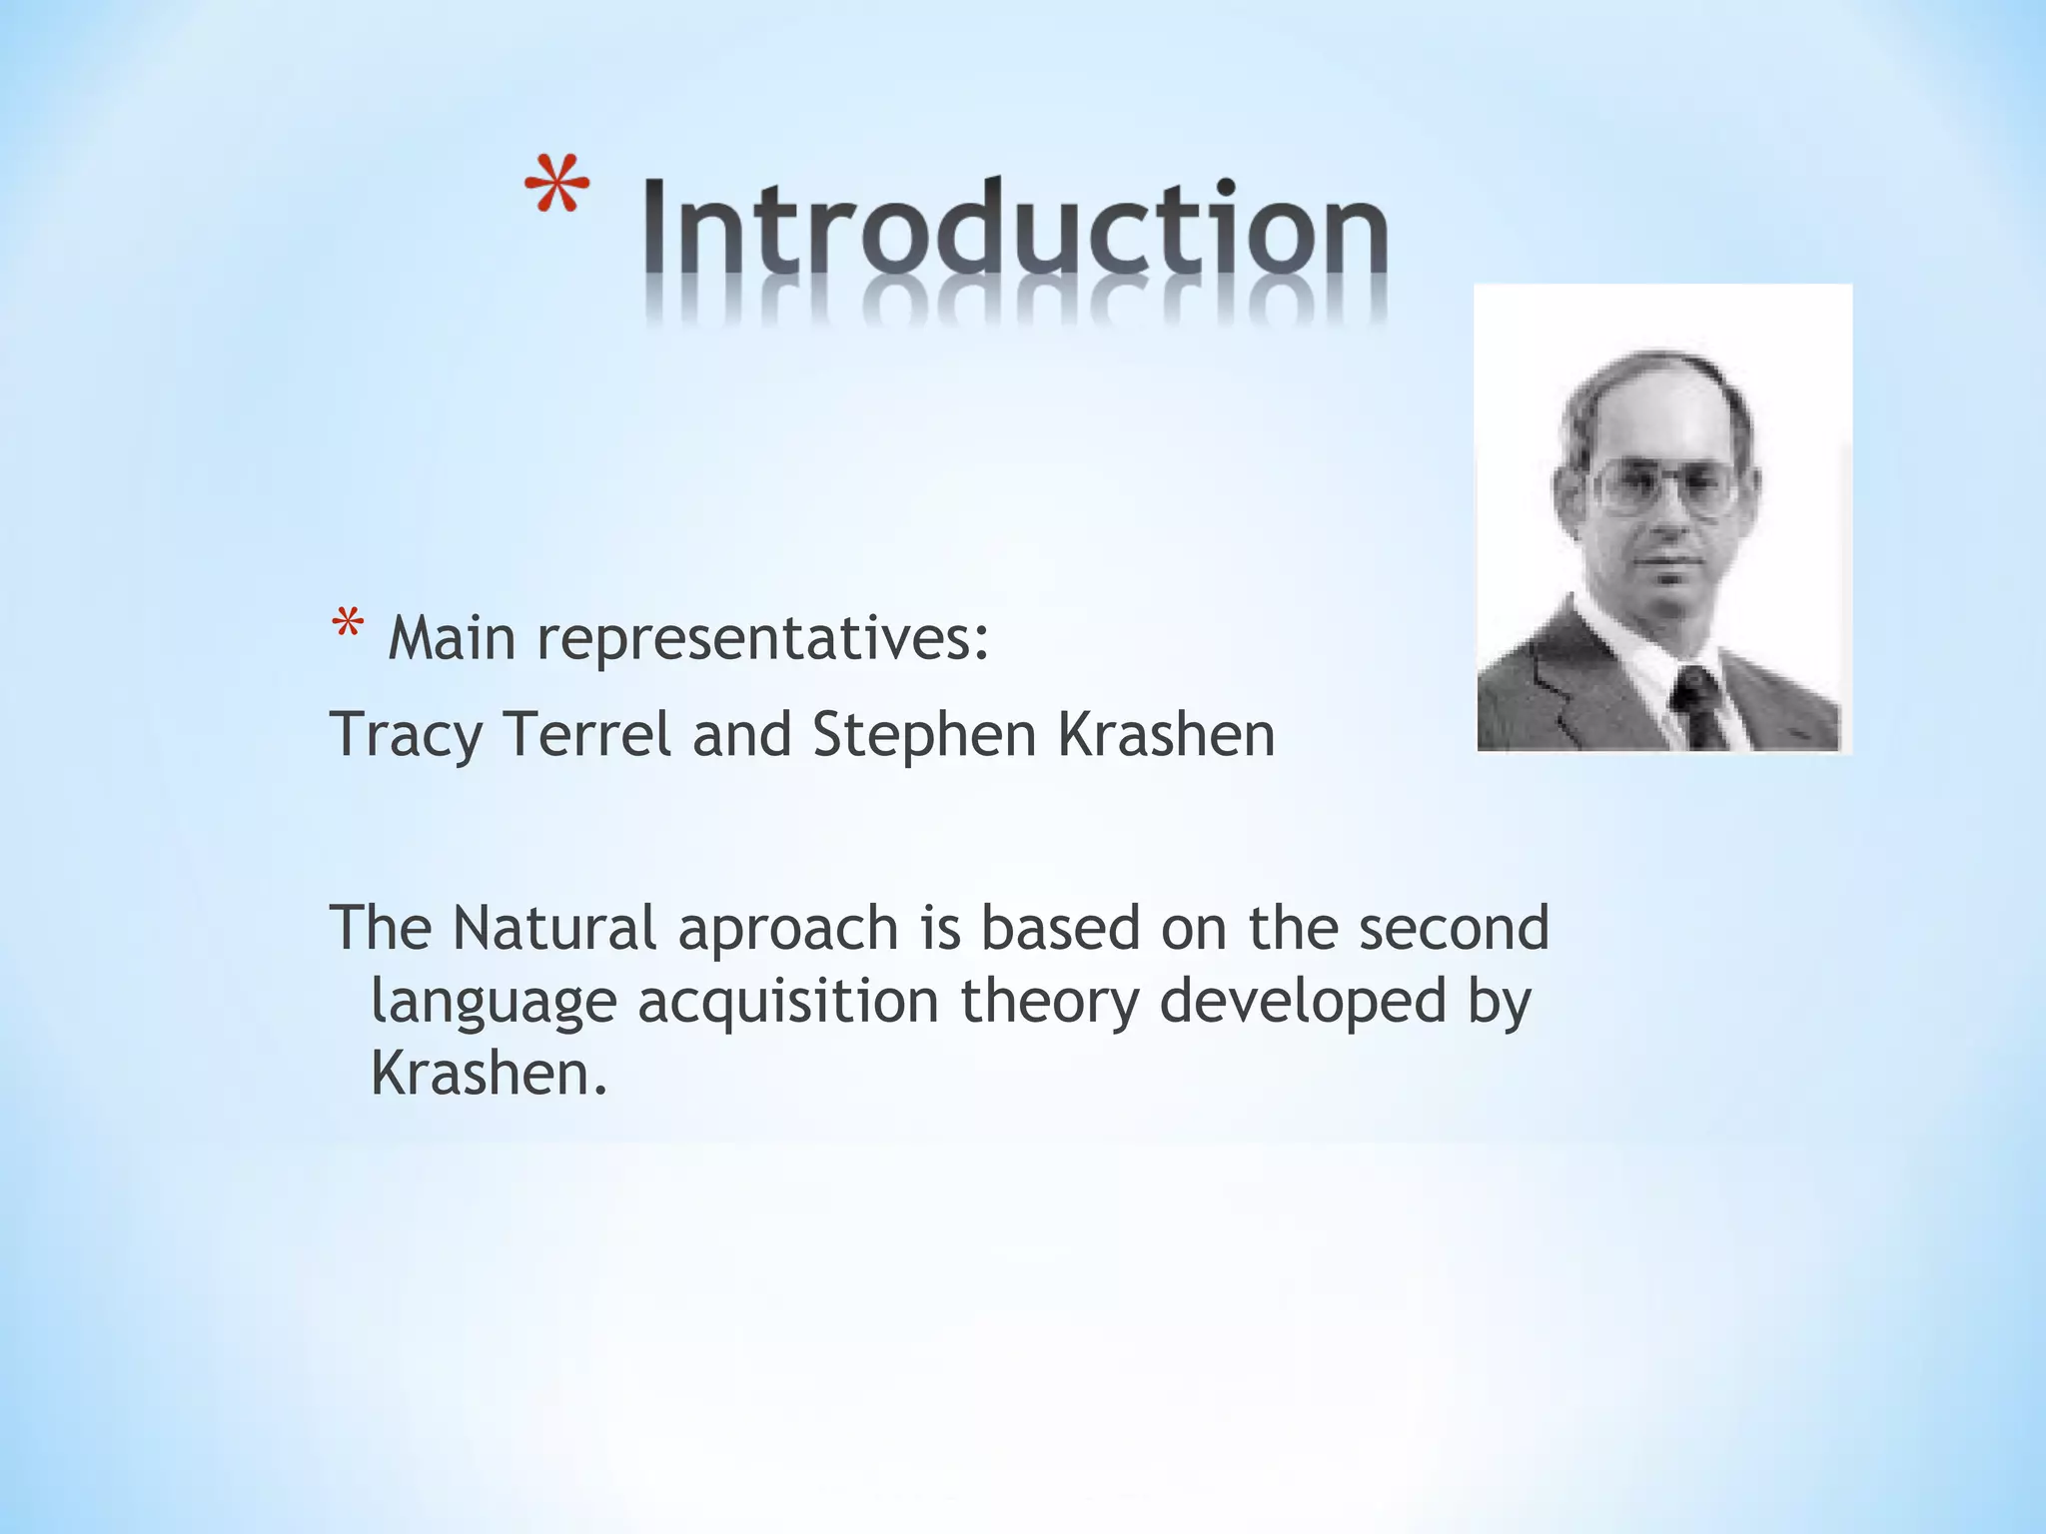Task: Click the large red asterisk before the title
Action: [556, 186]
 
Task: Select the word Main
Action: [452, 639]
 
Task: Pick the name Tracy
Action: [407, 737]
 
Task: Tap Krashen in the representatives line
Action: [1166, 735]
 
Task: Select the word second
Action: [1453, 928]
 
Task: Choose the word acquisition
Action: [788, 1002]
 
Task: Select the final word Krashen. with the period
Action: [489, 1075]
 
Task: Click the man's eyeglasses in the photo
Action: [1662, 486]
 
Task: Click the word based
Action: [1060, 928]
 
